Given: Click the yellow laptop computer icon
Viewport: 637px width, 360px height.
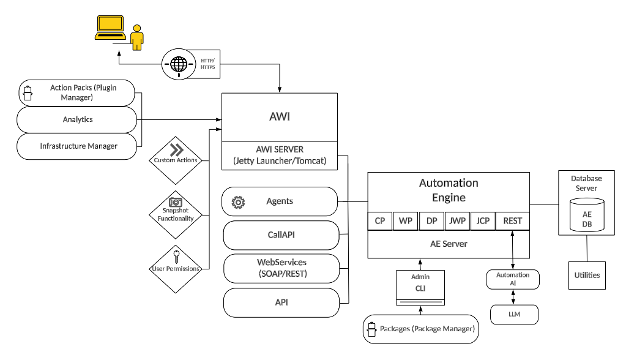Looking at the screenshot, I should [110, 28].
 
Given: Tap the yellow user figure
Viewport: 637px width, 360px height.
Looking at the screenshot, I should [138, 38].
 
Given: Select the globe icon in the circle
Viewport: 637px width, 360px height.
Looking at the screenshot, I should [179, 64].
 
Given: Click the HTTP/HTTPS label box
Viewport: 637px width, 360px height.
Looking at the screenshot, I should [207, 64].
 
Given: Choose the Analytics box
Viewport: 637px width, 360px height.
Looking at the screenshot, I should [78, 119].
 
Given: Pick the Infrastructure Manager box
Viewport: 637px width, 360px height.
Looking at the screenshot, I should [78, 146].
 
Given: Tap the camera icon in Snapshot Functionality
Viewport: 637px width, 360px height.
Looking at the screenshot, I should [175, 201].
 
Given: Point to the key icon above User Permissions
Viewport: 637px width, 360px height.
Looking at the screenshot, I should [176, 256].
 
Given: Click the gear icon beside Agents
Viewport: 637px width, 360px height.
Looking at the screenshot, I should [237, 201].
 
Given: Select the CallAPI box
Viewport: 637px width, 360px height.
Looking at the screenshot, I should [281, 235].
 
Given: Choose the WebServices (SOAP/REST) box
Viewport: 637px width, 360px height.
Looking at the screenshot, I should [281, 268].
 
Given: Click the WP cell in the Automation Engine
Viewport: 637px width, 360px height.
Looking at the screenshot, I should [406, 220].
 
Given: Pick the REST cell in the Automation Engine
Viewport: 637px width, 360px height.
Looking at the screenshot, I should [512, 220].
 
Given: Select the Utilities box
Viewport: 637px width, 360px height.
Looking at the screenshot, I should [587, 276].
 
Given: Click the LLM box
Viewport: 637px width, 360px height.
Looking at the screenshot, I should [513, 315].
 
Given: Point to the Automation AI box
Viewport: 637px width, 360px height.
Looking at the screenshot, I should [513, 279].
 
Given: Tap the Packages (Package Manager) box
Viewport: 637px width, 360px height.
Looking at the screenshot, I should [420, 329].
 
